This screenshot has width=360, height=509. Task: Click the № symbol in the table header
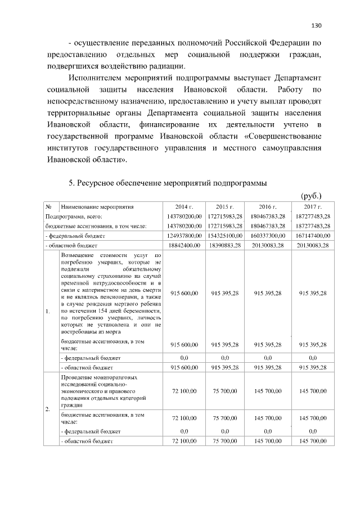pyautogui.click(x=49, y=206)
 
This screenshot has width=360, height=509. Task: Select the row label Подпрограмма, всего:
pyautogui.click(x=74, y=216)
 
